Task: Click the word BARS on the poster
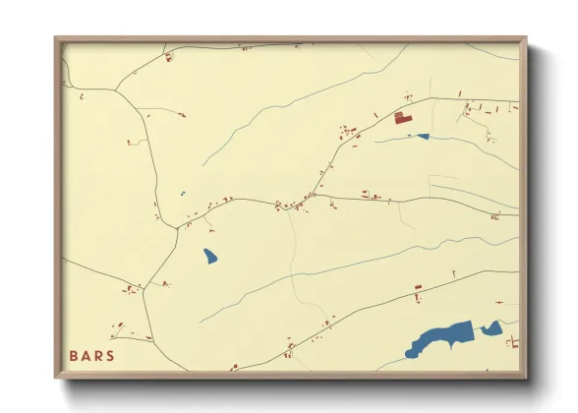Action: click(x=91, y=355)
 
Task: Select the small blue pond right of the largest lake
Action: click(x=491, y=329)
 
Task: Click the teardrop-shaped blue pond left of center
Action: click(x=210, y=257)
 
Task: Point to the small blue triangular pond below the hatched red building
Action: click(x=422, y=137)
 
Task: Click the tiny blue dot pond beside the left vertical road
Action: click(x=183, y=193)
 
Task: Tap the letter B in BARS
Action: click(x=75, y=355)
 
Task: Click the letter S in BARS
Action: click(x=109, y=355)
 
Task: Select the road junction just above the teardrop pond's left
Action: click(x=177, y=228)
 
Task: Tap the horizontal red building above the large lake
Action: click(x=417, y=287)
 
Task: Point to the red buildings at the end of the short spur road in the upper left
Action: click(x=183, y=115)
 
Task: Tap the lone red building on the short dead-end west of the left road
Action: click(x=129, y=144)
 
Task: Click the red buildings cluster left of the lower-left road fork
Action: click(x=127, y=289)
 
